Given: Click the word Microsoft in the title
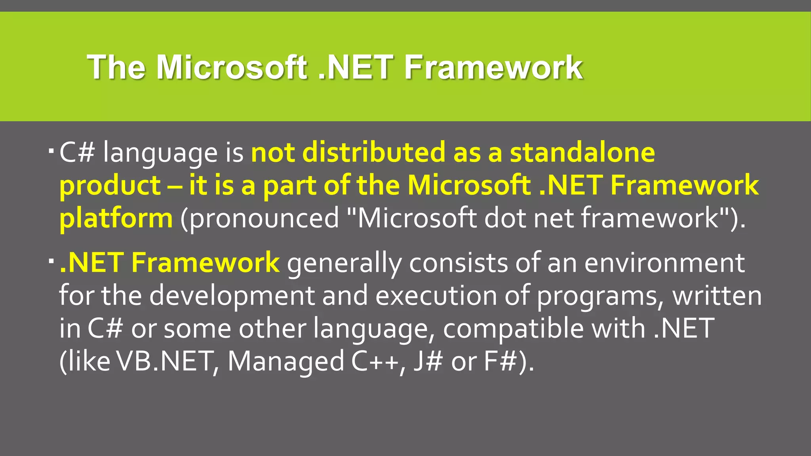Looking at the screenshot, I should click(x=231, y=67).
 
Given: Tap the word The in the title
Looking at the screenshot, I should click(x=116, y=67).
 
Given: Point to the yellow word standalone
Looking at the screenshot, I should click(x=582, y=153).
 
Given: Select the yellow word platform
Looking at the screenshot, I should click(x=116, y=219).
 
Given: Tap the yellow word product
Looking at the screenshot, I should click(x=110, y=186).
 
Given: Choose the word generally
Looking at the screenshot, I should click(x=344, y=263).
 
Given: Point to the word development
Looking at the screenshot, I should click(x=232, y=296).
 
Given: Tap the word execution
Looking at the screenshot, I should click(x=436, y=296).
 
